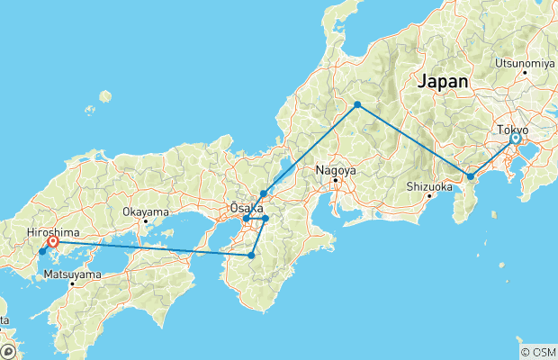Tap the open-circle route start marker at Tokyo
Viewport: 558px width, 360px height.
tap(516, 139)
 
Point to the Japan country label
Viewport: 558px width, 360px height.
tap(442, 81)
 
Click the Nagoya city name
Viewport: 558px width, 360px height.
tap(336, 169)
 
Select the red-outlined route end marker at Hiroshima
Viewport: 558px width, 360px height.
tap(53, 241)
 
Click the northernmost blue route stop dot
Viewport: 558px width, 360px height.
tap(357, 105)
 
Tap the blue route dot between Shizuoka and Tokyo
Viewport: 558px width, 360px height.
tap(470, 177)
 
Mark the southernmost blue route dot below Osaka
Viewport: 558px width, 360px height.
tap(251, 256)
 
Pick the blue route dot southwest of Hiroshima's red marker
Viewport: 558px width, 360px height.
tap(41, 252)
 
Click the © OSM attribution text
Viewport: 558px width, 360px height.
tap(537, 351)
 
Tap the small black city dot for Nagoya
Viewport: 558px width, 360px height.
tap(336, 180)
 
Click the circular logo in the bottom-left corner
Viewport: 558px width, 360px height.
tap(8, 351)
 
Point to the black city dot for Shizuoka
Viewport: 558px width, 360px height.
tap(428, 196)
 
